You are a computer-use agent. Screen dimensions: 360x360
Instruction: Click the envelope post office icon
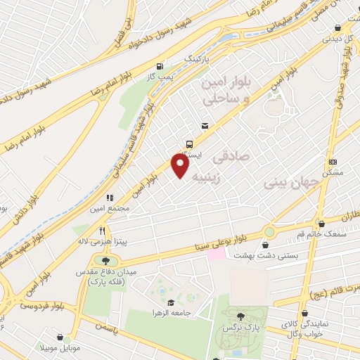tap(205, 126)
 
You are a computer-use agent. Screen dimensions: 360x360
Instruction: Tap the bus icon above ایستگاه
tap(188, 140)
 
